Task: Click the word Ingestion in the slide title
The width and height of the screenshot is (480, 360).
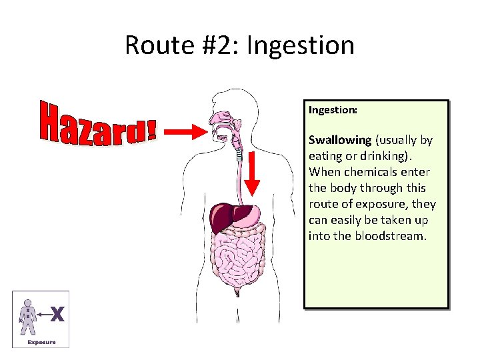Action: tap(300, 45)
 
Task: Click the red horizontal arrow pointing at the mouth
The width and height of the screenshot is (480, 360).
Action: tap(186, 132)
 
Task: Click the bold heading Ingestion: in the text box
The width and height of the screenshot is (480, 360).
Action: tap(333, 109)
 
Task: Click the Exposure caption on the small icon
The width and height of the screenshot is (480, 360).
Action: tap(41, 342)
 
